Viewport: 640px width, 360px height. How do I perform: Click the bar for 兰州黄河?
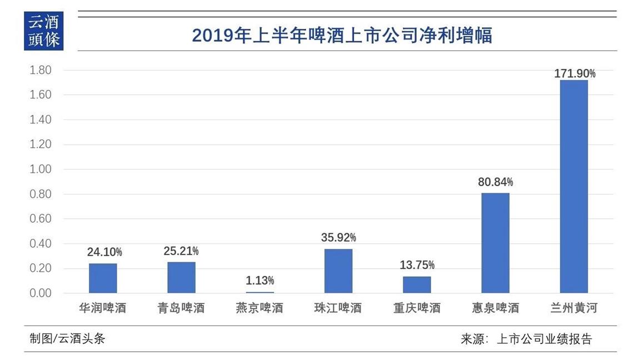tap(574, 186)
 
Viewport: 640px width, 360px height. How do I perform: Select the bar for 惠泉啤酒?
tap(495, 243)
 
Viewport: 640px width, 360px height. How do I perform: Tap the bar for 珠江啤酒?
tap(338, 271)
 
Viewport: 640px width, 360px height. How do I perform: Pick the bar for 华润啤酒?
tap(103, 278)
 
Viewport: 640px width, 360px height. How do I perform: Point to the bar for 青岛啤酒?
tap(182, 277)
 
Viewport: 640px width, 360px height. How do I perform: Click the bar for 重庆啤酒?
tap(417, 284)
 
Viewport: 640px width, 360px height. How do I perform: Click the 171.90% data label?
tap(574, 73)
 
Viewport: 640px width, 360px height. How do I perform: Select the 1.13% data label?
tap(260, 281)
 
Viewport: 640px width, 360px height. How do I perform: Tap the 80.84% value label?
tap(496, 182)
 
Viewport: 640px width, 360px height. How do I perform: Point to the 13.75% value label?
tap(417, 265)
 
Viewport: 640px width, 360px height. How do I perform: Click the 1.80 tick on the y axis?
tap(40, 70)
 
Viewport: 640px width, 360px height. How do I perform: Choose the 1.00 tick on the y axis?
tap(40, 169)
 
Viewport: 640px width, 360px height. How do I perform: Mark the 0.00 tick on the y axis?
tap(40, 293)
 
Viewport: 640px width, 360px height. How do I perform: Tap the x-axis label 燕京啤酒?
tap(260, 308)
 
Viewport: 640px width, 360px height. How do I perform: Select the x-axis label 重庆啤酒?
tap(417, 308)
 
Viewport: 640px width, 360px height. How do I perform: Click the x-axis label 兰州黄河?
tap(574, 308)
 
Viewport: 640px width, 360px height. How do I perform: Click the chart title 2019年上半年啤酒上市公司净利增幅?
tap(342, 36)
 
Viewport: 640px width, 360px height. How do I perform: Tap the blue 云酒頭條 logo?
tap(44, 31)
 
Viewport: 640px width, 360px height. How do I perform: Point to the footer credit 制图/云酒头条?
tap(67, 338)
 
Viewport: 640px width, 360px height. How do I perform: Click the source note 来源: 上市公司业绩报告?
tap(527, 339)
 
